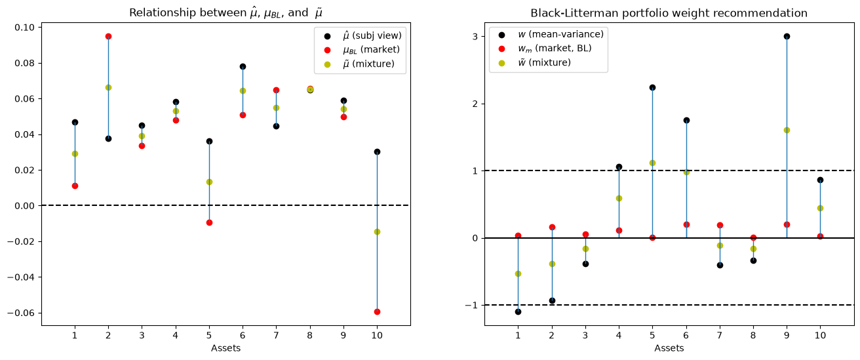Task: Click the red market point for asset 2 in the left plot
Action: coord(108,37)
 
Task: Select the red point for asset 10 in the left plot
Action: coord(377,311)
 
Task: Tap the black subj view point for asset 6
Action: coord(243,66)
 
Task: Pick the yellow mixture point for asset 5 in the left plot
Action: coord(209,182)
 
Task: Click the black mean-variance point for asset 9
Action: coord(787,37)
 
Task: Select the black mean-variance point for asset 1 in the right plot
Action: coord(518,311)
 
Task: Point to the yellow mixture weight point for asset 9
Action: coord(787,130)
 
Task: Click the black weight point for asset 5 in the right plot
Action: coord(652,88)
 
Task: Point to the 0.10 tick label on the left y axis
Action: coord(24,28)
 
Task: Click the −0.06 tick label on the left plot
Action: coord(21,313)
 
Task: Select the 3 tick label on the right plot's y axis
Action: coord(475,37)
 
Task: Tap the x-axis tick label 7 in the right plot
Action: coord(720,336)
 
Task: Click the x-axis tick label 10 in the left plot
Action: coord(377,336)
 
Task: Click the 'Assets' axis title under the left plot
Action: coord(225,348)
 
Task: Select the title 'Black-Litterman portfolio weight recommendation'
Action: coord(669,13)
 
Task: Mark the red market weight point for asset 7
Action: coord(720,225)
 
